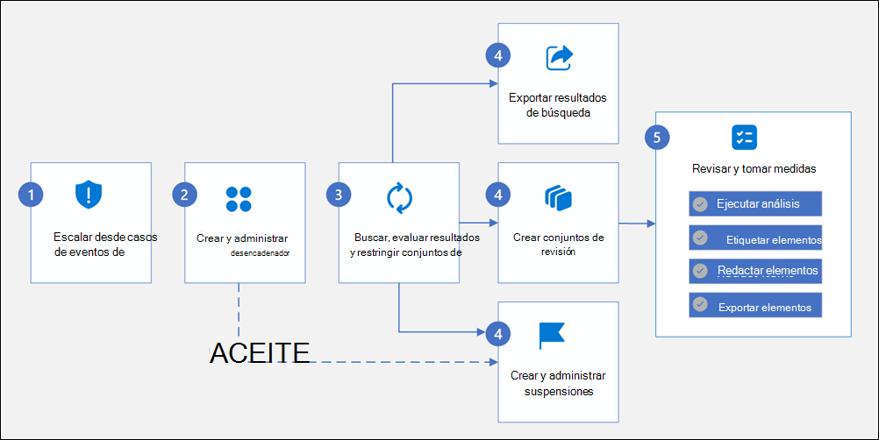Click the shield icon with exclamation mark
coord(89,194)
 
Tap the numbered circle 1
coord(31,195)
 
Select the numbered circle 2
coord(183,195)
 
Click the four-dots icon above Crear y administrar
coord(239,199)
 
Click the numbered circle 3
coord(338,195)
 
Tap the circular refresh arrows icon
coord(399,197)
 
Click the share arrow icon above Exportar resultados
coord(559,57)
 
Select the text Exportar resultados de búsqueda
coord(558,104)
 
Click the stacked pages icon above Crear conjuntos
coord(558,197)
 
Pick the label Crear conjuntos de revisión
coord(558,244)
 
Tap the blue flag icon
coord(552,335)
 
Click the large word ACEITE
coord(260,353)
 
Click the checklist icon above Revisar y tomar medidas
coord(744,137)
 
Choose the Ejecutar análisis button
coord(755,204)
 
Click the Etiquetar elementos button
coord(755,238)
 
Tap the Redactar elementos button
coord(755,271)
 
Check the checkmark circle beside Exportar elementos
coord(699,304)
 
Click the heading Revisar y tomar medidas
coord(754,168)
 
